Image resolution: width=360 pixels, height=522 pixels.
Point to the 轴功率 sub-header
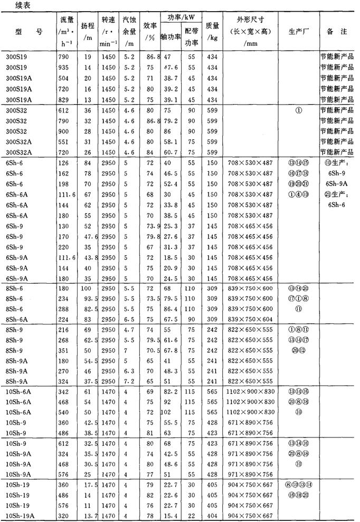pos(171,38)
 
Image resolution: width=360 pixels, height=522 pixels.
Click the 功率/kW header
pos(181,18)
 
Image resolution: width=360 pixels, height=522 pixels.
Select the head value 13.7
pos(88,515)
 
